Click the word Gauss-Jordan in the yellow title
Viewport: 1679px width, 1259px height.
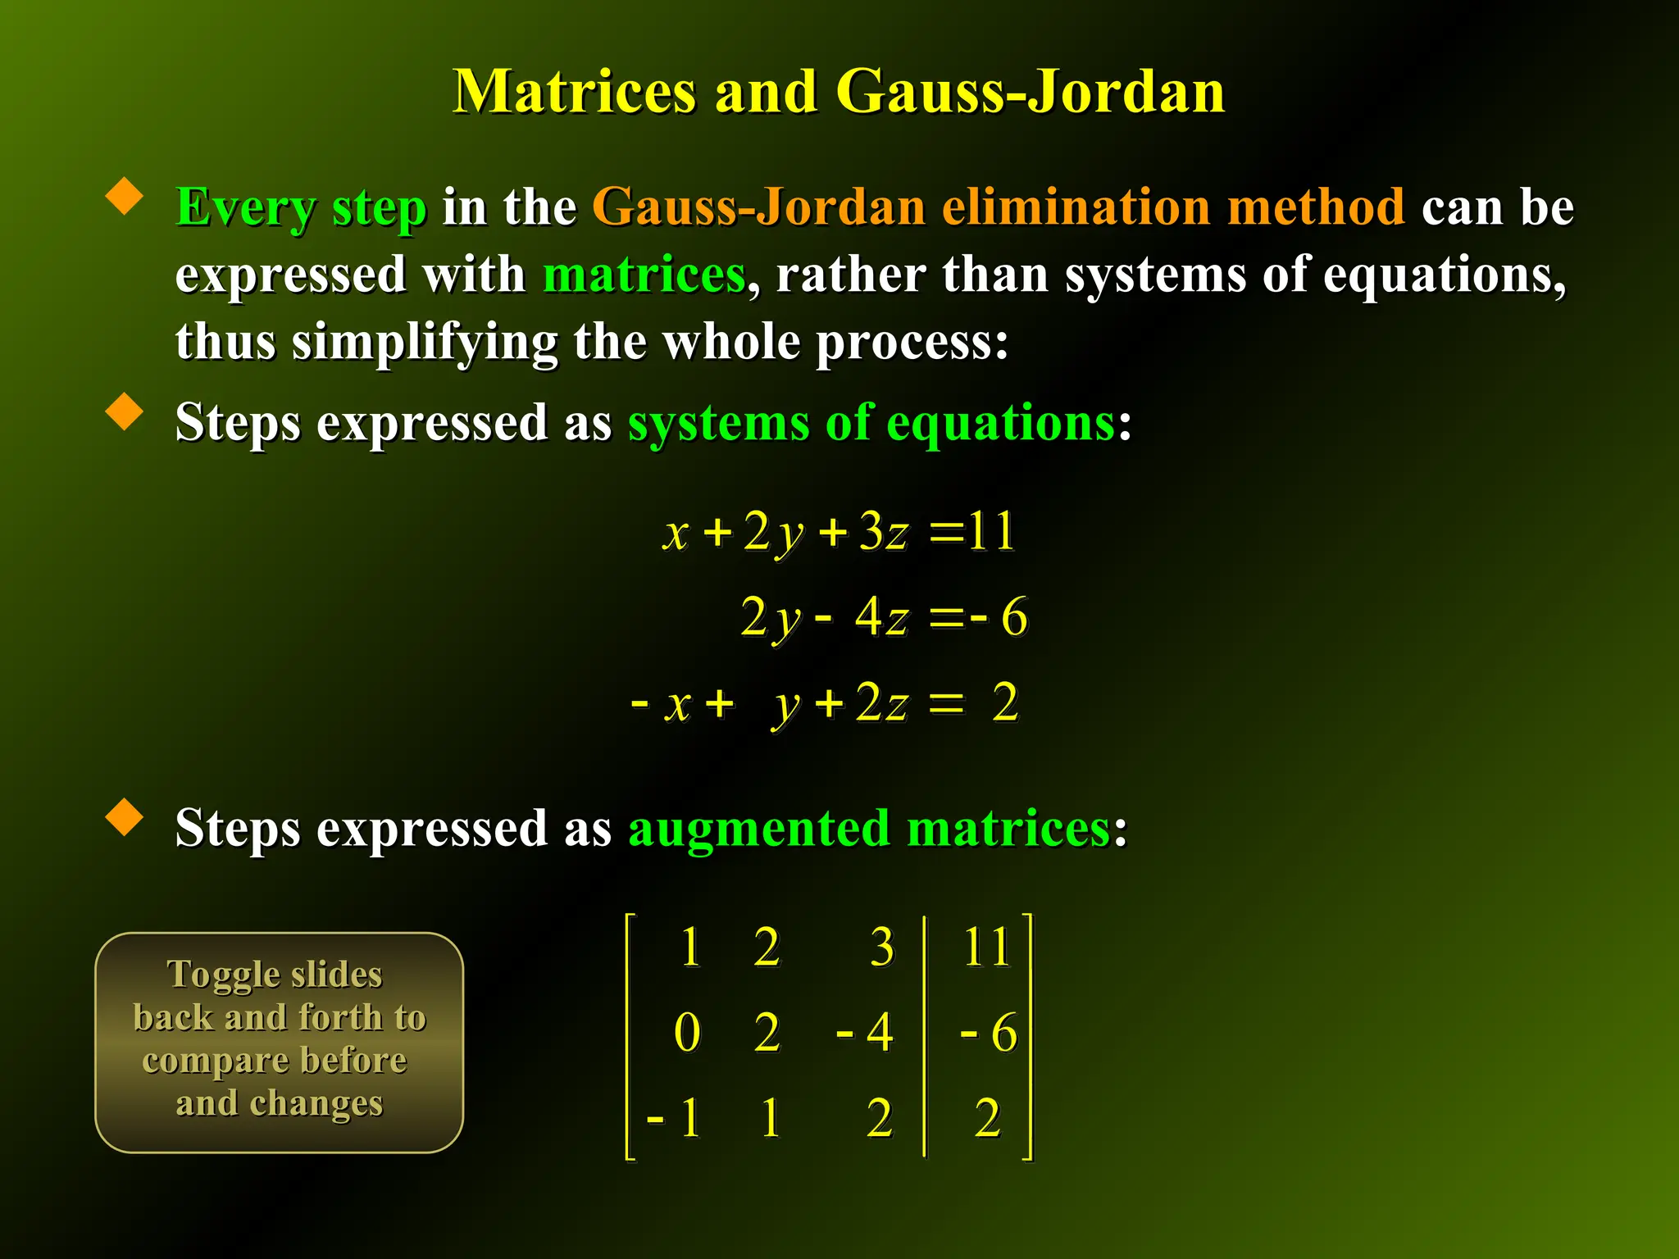click(x=1031, y=92)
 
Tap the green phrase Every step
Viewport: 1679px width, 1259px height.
click(x=301, y=207)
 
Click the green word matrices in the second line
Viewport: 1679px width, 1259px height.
click(x=644, y=275)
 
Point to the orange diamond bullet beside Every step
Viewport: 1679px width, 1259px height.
click(x=125, y=197)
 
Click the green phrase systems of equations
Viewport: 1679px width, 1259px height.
click(x=871, y=424)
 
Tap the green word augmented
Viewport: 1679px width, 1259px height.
click(x=758, y=828)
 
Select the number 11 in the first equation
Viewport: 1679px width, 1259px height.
click(x=990, y=531)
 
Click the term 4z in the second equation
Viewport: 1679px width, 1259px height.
click(x=881, y=616)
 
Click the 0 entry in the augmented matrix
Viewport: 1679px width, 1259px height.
click(x=687, y=1032)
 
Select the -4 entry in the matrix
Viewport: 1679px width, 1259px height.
click(x=865, y=1032)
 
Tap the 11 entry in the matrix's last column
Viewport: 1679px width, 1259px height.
click(x=986, y=948)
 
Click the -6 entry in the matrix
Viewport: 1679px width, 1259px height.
click(x=990, y=1032)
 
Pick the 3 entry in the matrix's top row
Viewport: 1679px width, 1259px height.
click(x=881, y=948)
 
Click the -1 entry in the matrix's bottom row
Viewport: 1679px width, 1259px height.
click(x=675, y=1117)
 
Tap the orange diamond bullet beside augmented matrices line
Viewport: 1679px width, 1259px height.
click(x=125, y=817)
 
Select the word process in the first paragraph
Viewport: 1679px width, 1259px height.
click(x=903, y=342)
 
